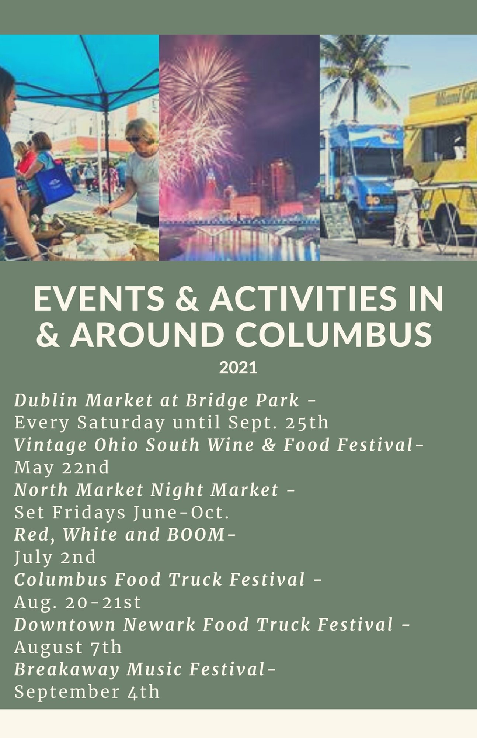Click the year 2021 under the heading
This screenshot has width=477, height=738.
pyautogui.click(x=238, y=368)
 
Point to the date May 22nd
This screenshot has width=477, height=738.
pyautogui.click(x=62, y=468)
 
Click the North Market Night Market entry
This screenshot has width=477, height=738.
pyautogui.click(x=146, y=490)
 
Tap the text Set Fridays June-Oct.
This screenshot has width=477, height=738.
pyautogui.click(x=122, y=513)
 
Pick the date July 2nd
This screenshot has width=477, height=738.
pyautogui.click(x=55, y=557)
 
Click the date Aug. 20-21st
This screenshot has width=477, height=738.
pyautogui.click(x=78, y=602)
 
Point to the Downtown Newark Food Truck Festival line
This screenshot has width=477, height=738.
pyautogui.click(x=204, y=624)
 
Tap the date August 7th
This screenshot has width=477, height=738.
pyautogui.click(x=68, y=647)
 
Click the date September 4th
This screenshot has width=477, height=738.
pyautogui.click(x=87, y=692)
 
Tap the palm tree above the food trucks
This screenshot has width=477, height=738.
pyautogui.click(x=358, y=74)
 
